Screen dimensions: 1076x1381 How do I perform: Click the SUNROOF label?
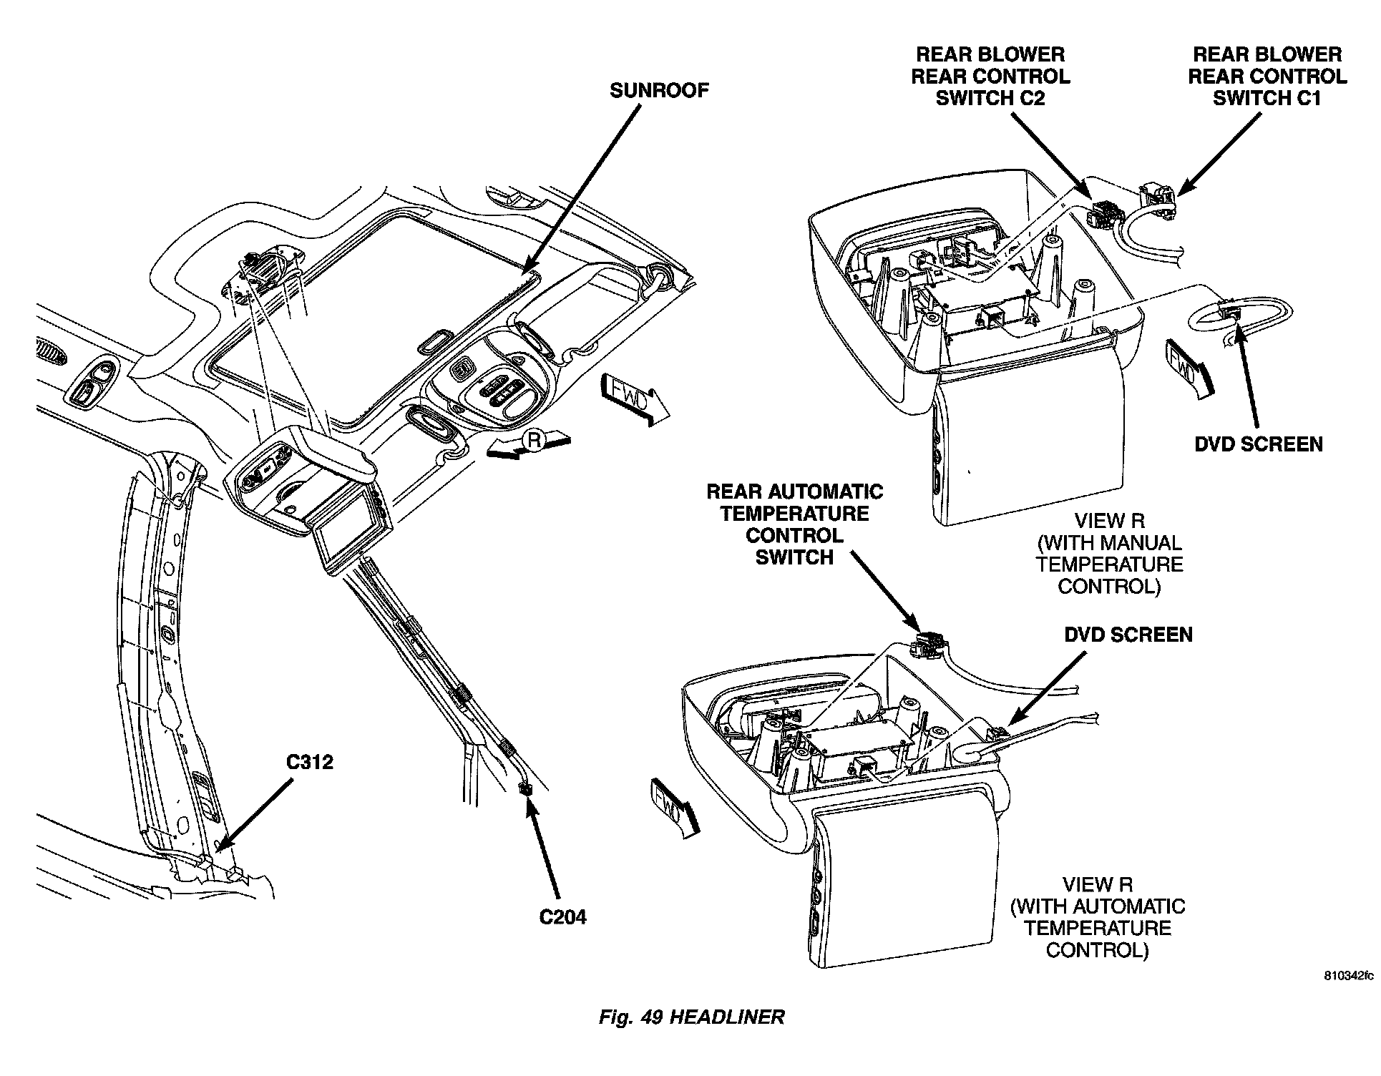coord(659,91)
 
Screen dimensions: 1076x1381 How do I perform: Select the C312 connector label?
coord(310,762)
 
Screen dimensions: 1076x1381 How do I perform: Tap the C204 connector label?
coord(562,916)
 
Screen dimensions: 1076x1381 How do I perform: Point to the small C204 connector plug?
coord(526,788)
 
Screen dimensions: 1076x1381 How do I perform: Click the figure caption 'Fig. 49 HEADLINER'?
coord(691,1017)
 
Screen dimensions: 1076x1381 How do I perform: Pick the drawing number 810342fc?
coord(1349,976)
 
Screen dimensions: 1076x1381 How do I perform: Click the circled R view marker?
coord(533,440)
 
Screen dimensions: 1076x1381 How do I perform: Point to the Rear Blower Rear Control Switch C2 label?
coord(990,76)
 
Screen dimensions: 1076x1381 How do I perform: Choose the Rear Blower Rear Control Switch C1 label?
coord(1267,76)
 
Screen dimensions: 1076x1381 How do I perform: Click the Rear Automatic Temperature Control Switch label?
coord(794,524)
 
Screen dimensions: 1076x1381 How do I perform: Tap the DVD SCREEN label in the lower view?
coord(1128,635)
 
